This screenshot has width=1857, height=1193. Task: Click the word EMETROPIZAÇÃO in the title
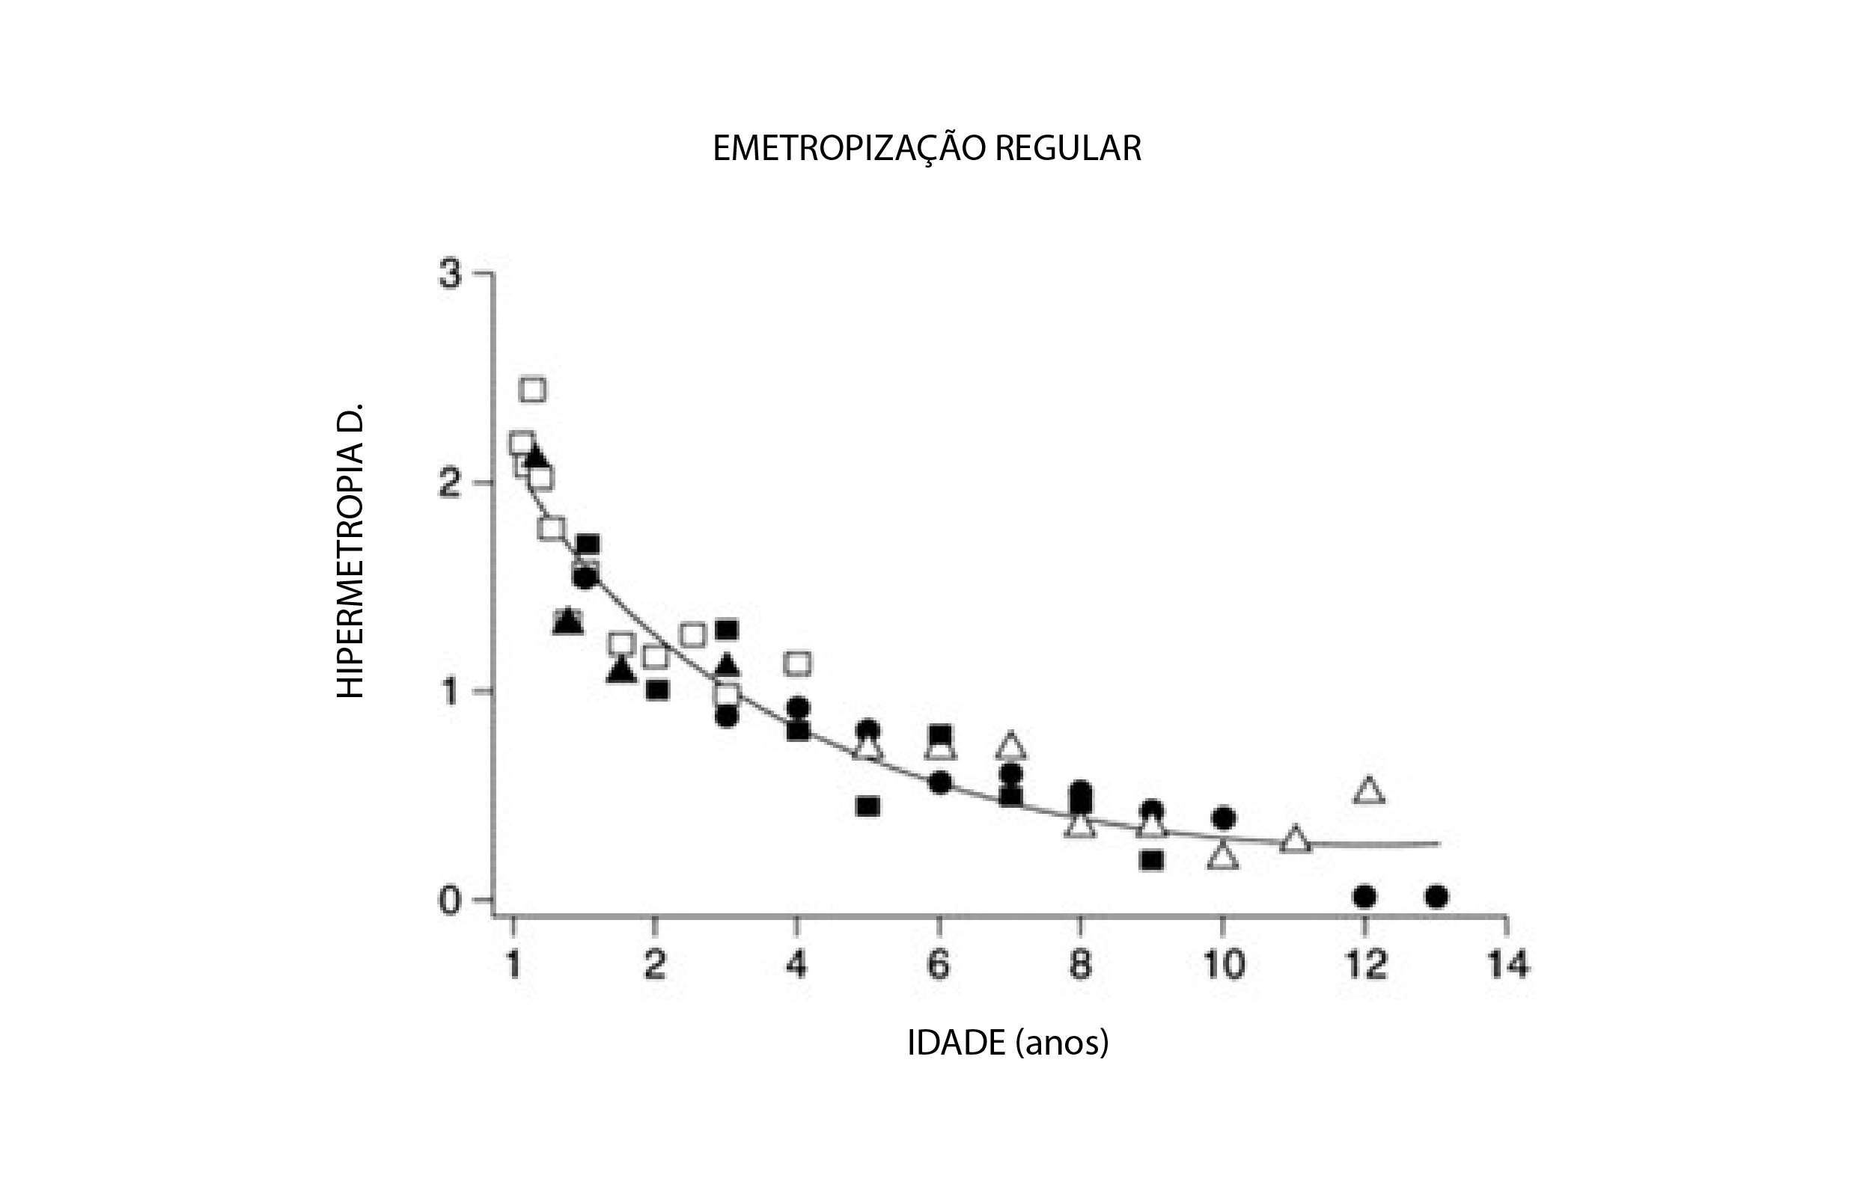850,149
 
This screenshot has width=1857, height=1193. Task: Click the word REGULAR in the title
1068,149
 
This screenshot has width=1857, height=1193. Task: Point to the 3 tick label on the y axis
450,275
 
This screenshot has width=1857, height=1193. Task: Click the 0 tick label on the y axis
450,901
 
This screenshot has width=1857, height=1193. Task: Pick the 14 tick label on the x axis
1507,965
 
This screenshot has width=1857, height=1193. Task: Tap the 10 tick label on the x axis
1223,965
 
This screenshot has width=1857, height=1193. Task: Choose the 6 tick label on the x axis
939,965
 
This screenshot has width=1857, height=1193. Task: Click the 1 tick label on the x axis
513,965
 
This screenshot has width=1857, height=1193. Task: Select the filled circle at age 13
1436,897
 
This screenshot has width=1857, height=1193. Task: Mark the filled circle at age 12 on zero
1364,897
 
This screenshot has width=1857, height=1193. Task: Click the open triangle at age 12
1370,791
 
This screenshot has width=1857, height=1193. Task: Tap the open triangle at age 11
1295,840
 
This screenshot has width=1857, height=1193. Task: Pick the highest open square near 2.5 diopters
533,389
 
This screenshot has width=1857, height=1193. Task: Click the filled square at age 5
868,806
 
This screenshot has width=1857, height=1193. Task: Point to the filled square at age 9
1153,860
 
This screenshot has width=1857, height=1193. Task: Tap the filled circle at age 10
1224,818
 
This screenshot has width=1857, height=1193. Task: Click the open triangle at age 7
1010,746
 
